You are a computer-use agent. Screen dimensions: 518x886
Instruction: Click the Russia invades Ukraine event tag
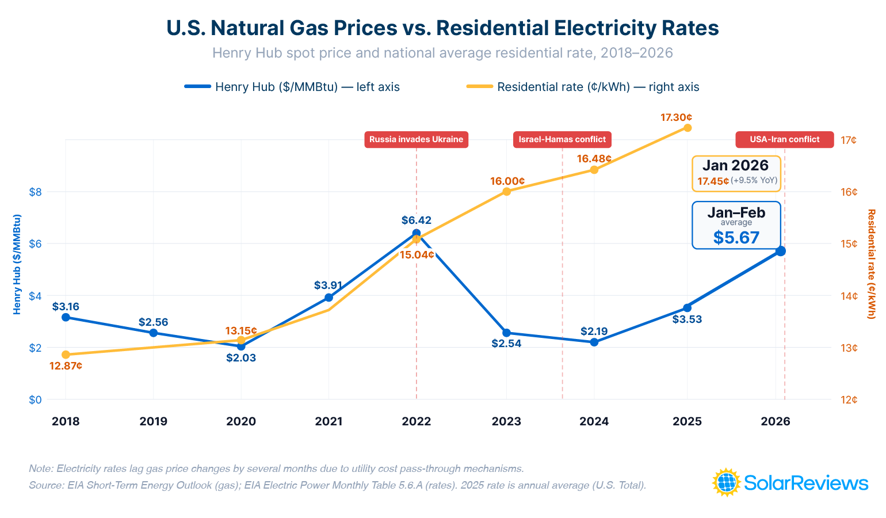[416, 139]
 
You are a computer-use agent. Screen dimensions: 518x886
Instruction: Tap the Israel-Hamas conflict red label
[562, 139]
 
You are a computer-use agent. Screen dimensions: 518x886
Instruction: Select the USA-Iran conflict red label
[784, 139]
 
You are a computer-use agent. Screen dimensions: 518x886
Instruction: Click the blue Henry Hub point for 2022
[416, 233]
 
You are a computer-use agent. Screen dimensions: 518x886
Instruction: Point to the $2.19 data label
[594, 331]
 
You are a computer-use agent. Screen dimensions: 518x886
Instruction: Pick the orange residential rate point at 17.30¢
[687, 128]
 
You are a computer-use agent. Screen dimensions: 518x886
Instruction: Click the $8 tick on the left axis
[35, 192]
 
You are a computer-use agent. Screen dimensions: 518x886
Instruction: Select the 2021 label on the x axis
[329, 421]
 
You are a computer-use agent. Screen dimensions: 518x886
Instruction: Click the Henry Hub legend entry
[292, 87]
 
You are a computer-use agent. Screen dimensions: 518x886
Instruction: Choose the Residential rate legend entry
[583, 87]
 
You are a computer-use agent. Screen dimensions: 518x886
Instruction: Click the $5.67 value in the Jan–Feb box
[736, 238]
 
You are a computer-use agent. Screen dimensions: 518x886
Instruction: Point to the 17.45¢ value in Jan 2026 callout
[713, 181]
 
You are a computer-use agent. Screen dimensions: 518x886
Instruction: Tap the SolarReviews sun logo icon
[726, 482]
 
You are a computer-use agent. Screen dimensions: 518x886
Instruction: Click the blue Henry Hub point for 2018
[66, 317]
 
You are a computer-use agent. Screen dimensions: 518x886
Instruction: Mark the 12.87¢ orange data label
[66, 365]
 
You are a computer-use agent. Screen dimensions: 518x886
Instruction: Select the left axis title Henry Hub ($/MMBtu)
[17, 264]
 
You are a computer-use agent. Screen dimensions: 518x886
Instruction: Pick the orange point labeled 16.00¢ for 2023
[506, 192]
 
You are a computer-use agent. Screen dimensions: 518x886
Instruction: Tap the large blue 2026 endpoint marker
[780, 251]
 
